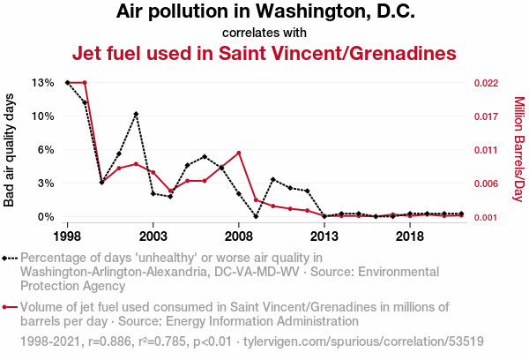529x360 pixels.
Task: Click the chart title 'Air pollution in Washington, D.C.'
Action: pyautogui.click(x=265, y=11)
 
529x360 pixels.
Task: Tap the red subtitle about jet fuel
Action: pyautogui.click(x=264, y=53)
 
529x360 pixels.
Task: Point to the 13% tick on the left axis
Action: pyautogui.click(x=43, y=83)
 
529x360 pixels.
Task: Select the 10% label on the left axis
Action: pyautogui.click(x=43, y=116)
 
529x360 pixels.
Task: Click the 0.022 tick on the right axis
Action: pyautogui.click(x=486, y=83)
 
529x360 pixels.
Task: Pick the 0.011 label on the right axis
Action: pyautogui.click(x=486, y=150)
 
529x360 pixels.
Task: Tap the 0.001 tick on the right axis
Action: pyautogui.click(x=486, y=217)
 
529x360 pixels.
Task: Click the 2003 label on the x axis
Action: pyautogui.click(x=153, y=236)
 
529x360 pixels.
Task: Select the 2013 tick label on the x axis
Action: pyautogui.click(x=324, y=236)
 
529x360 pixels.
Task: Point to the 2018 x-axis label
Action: pyautogui.click(x=410, y=236)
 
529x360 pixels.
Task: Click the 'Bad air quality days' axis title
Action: pyautogui.click(x=9, y=150)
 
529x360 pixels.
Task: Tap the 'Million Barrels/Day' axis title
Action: pyautogui.click(x=519, y=149)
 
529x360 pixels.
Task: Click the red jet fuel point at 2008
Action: pyautogui.click(x=239, y=153)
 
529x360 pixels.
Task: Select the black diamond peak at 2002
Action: pyautogui.click(x=136, y=114)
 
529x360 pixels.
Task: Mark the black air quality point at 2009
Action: pyautogui.click(x=256, y=216)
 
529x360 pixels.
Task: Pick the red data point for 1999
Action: pyautogui.click(x=85, y=82)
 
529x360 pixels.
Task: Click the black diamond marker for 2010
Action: pyautogui.click(x=273, y=179)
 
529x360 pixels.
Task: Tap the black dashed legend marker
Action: pyautogui.click(x=10, y=259)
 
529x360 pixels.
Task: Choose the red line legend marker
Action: pyautogui.click(x=10, y=307)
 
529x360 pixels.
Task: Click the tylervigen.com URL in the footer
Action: pyautogui.click(x=363, y=341)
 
